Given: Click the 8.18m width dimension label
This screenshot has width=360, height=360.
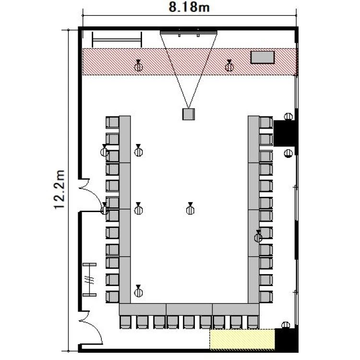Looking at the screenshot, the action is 189,7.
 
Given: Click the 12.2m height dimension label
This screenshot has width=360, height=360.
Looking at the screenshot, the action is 60,190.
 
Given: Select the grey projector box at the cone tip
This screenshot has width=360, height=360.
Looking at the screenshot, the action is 189,114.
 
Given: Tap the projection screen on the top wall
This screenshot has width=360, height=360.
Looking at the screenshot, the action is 189,32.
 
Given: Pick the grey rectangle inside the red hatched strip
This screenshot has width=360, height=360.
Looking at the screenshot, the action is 263,57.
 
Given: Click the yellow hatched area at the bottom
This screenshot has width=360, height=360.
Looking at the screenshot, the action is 242,339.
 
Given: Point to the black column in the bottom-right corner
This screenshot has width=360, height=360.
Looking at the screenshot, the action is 286,340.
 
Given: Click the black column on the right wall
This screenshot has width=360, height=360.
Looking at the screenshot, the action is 284,133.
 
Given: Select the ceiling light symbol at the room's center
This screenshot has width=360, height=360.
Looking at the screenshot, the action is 190,209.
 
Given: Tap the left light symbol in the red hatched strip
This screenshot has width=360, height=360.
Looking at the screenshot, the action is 138,66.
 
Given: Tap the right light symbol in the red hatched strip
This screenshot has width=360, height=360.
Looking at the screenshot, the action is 229,66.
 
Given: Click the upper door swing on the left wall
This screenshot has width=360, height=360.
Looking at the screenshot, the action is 92,195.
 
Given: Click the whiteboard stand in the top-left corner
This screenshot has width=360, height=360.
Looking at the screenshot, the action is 117,40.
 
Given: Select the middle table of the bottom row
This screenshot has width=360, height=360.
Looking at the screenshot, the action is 189,309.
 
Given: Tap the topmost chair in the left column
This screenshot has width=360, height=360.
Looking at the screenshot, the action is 112,122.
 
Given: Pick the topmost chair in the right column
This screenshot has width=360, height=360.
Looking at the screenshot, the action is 266,122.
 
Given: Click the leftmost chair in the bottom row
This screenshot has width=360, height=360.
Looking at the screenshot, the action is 126,322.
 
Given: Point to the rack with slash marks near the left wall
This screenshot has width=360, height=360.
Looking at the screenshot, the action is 89,280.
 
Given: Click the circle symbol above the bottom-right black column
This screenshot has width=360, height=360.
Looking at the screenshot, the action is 286,325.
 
